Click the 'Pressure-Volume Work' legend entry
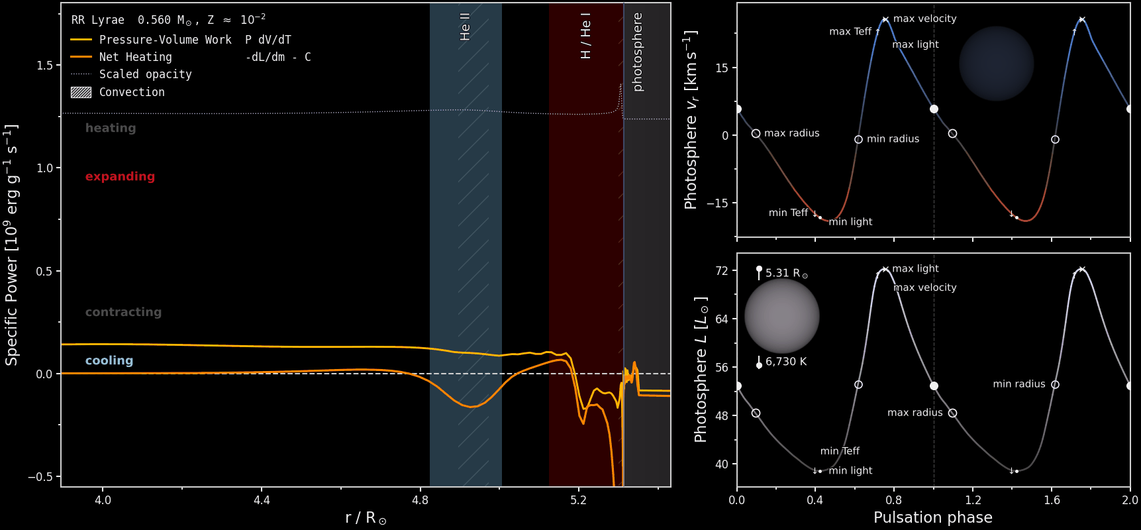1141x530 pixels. (166, 40)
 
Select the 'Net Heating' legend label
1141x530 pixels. (136, 57)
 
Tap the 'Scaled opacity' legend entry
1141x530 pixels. (146, 74)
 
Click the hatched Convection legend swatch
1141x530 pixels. (81, 92)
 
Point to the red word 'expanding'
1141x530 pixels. (120, 176)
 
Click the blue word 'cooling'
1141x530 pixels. (109, 360)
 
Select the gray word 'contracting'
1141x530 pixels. (123, 312)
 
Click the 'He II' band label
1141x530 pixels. (465, 26)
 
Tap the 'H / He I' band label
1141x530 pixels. (585, 36)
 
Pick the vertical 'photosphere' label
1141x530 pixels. (637, 52)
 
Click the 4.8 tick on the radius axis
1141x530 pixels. (420, 500)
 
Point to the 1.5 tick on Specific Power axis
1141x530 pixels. (45, 65)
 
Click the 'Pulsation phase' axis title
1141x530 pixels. (933, 517)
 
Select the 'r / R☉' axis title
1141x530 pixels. (366, 518)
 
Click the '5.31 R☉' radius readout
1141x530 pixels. (787, 273)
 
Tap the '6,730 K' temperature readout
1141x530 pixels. (786, 362)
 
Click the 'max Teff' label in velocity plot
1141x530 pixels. (850, 31)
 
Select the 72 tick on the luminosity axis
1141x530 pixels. (722, 271)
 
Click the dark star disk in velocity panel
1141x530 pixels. (997, 64)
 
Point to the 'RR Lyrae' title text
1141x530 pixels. (98, 20)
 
